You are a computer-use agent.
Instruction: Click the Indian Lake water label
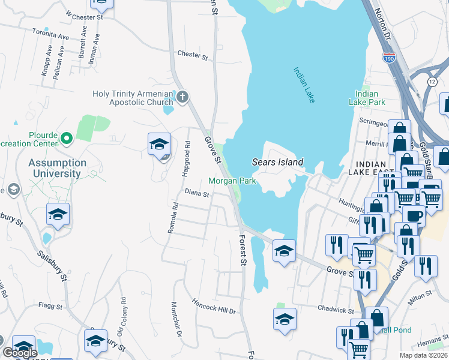tap(304, 85)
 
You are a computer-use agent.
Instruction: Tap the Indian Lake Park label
tap(367, 98)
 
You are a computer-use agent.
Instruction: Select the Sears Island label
tap(277, 162)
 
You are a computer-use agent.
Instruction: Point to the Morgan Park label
tap(232, 181)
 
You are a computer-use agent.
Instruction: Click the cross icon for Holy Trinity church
tap(182, 96)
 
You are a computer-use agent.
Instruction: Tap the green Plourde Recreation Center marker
tap(67, 139)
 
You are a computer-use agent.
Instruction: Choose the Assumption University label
tap(57, 168)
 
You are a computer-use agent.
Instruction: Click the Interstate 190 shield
tap(388, 58)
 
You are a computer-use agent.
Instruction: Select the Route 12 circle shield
tap(432, 81)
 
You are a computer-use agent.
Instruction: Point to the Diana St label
tap(197, 194)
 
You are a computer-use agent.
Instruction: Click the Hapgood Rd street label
tap(187, 162)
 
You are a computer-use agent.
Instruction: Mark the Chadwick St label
tap(336, 310)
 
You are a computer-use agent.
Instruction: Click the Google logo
tap(20, 353)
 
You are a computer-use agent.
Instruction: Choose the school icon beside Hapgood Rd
tap(159, 145)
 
